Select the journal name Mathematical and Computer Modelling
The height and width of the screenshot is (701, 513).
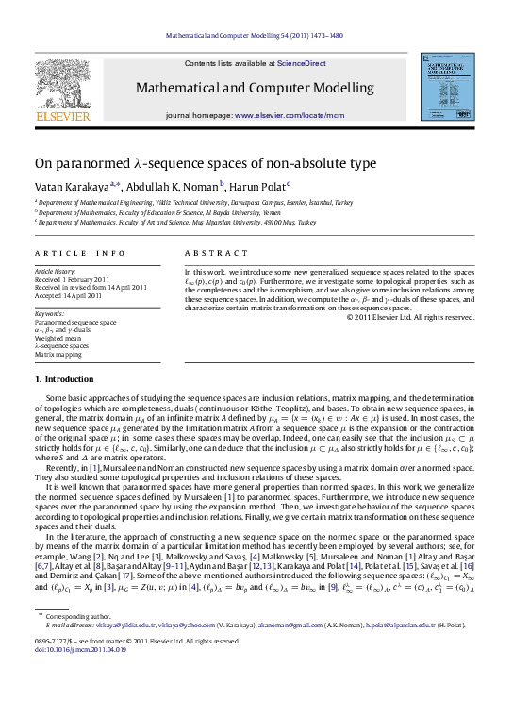click(x=256, y=88)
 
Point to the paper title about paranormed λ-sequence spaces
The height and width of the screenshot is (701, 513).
click(x=191, y=163)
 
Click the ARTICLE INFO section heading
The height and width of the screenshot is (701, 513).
click(x=79, y=253)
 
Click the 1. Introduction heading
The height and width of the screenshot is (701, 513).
click(x=64, y=379)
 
